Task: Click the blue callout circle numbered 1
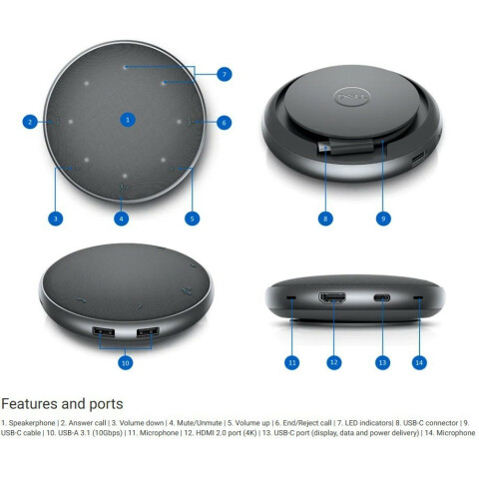coord(128,120)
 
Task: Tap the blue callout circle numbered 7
coord(225,74)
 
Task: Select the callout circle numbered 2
coord(30,122)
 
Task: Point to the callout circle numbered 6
coord(224,123)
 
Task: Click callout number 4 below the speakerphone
coord(121,219)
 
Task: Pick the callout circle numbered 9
coord(383,219)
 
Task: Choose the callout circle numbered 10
coord(126,362)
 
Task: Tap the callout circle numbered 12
coord(334,362)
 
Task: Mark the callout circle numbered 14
coord(419,362)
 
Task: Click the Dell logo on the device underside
coord(352,97)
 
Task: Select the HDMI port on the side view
coord(332,297)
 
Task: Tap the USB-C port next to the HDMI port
coord(382,297)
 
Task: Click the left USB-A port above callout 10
coord(104,332)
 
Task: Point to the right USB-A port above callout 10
coord(148,332)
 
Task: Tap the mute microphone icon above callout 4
coord(124,188)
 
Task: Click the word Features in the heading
coord(29,404)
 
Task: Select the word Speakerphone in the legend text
coord(32,423)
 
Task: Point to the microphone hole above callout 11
coord(291,296)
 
